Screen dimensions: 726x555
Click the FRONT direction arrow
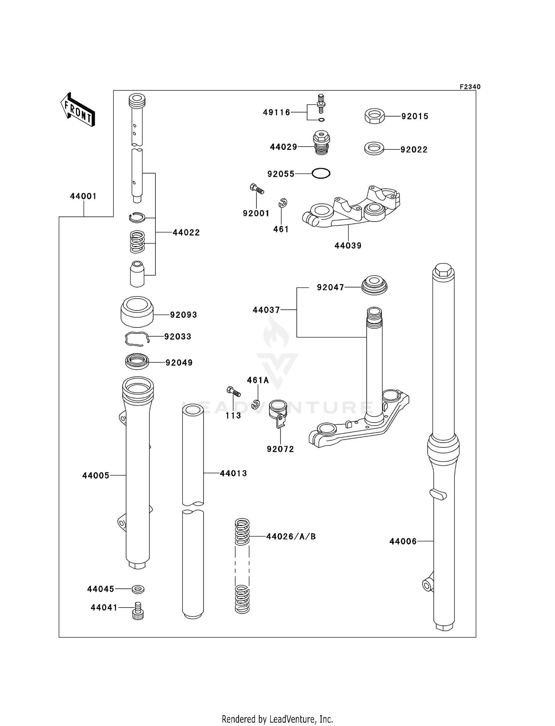78,110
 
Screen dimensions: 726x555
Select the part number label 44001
83,196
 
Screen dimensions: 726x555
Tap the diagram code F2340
470,87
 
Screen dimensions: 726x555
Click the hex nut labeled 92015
374,116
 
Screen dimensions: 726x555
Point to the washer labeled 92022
374,149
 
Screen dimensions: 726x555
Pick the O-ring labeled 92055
321,173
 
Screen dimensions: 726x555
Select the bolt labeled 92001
256,189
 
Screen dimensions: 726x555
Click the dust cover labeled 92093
137,312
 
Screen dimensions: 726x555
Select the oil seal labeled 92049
137,362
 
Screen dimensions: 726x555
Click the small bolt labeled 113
233,391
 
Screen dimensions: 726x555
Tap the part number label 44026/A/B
291,537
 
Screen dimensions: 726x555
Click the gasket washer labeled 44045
138,589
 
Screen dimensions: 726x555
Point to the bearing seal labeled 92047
374,285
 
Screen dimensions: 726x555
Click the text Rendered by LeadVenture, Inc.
277,719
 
